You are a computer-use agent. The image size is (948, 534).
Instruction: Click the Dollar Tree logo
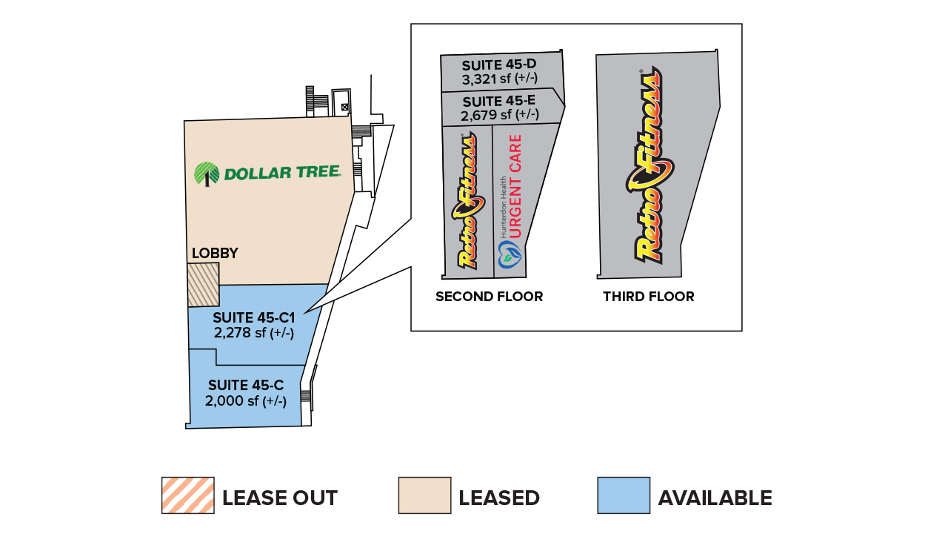(x=267, y=174)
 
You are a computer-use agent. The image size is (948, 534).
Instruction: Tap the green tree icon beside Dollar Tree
(x=207, y=174)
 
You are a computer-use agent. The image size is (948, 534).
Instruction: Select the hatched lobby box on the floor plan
(x=204, y=284)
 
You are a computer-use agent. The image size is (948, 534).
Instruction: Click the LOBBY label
(x=215, y=254)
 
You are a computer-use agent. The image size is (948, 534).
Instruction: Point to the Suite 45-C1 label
(x=254, y=318)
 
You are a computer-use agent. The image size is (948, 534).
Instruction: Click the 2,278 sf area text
(x=254, y=333)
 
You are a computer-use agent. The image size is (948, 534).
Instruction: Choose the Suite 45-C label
(x=246, y=386)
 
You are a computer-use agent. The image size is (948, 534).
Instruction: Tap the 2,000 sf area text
(x=246, y=400)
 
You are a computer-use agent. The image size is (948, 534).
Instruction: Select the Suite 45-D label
(x=499, y=66)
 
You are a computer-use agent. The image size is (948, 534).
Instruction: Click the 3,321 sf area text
(x=499, y=79)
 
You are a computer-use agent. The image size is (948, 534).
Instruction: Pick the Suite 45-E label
(x=499, y=102)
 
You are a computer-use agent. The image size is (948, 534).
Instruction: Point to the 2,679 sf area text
(x=499, y=115)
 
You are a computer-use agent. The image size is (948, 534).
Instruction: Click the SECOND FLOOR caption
(x=489, y=297)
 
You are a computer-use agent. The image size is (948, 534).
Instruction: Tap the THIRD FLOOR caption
(x=649, y=297)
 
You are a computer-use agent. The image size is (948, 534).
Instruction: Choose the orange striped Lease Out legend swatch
(x=187, y=495)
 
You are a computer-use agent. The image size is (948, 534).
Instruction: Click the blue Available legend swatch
(x=624, y=495)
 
